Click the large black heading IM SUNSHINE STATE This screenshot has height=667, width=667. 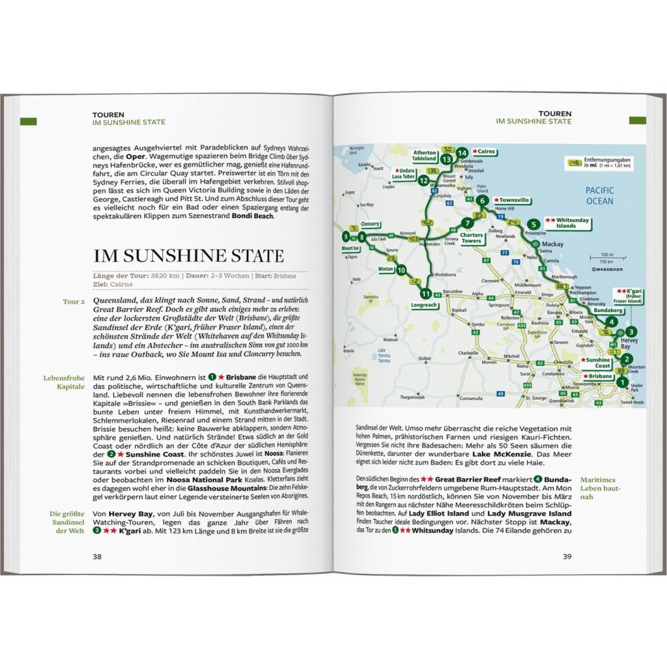[189, 255]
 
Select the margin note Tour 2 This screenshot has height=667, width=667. [74, 302]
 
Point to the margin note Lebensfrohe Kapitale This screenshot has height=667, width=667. [65, 382]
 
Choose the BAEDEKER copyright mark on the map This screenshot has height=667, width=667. [608, 268]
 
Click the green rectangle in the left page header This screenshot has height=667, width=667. [29, 121]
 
